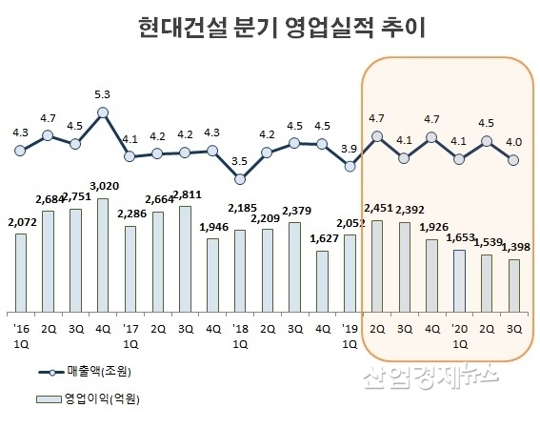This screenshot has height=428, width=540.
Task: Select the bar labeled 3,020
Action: [103, 254]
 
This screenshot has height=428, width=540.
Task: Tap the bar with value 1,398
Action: [513, 284]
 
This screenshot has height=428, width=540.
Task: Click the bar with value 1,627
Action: [322, 280]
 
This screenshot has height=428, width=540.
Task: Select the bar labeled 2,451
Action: [376, 264]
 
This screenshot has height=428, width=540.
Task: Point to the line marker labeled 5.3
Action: [103, 112]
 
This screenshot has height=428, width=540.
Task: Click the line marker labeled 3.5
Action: [240, 178]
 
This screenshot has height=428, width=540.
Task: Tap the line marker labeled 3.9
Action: [350, 166]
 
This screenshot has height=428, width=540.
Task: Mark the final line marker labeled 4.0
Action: [513, 160]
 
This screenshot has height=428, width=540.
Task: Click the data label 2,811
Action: [185, 197]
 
